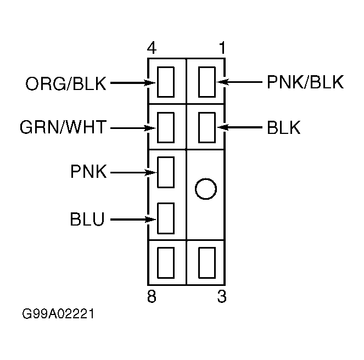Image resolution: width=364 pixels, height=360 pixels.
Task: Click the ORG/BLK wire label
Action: coord(66,83)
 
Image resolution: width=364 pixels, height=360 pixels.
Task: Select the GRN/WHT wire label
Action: coord(63,127)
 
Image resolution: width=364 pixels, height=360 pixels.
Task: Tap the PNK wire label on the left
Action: coord(88,171)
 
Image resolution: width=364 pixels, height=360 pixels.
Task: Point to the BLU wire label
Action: coord(87,219)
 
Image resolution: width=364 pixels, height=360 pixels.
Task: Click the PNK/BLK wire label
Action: coord(305,82)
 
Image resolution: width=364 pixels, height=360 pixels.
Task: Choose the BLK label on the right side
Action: coord(284,127)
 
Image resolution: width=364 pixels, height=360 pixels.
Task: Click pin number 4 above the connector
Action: coord(152,48)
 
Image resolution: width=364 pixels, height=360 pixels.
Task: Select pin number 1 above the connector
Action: coord(222,48)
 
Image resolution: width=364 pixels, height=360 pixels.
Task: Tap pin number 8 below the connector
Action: coord(152,296)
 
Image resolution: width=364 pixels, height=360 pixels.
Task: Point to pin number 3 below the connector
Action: coord(222,296)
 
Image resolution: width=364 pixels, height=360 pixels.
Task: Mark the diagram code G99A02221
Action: coord(58,314)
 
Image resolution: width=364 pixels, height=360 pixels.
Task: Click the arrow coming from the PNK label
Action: coord(134,172)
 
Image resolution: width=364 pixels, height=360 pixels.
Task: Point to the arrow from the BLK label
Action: coord(239,127)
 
